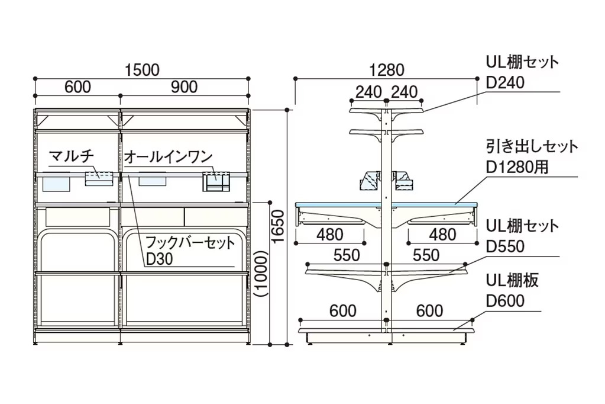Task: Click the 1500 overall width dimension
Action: click(142, 70)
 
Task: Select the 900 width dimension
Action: click(184, 87)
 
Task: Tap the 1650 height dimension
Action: click(278, 226)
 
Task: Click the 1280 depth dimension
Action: click(387, 70)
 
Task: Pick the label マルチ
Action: click(72, 156)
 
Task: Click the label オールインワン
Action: click(168, 156)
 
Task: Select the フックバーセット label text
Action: click(190, 243)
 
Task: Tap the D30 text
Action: click(159, 259)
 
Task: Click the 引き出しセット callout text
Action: click(532, 147)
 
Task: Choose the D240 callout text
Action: click(505, 82)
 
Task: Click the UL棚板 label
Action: click(512, 281)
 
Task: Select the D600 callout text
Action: click(505, 301)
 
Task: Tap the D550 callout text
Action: click(505, 246)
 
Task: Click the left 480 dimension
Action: click(330, 235)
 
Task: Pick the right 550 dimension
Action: click(426, 255)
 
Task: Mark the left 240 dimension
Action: click(368, 92)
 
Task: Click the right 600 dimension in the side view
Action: click(430, 311)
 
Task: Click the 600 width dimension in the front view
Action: click(77, 87)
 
